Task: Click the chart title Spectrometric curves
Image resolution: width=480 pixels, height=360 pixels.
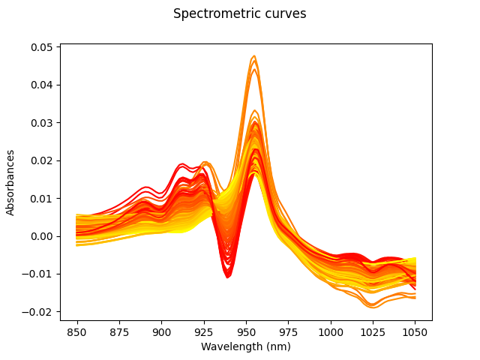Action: (x=239, y=13)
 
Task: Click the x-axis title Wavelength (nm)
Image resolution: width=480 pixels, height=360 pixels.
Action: (x=246, y=346)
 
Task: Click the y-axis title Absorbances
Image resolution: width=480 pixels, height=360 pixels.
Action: (x=11, y=182)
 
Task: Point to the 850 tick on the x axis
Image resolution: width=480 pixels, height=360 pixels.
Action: (x=77, y=331)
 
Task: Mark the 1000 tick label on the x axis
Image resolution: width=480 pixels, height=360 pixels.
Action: (x=331, y=331)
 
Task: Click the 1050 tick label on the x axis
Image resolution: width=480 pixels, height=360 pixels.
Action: (x=415, y=331)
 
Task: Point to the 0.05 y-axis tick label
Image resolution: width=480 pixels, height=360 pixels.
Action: (x=41, y=46)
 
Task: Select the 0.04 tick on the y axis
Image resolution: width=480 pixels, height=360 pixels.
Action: (x=41, y=85)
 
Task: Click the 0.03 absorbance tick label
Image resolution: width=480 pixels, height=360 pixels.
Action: (x=41, y=122)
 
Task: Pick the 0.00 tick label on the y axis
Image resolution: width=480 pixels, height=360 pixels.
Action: (x=41, y=236)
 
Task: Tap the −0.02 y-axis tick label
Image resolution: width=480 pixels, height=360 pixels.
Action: (x=38, y=312)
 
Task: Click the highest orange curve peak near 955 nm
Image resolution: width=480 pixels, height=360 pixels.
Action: (x=254, y=56)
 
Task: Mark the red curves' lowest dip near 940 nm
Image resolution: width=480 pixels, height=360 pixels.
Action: (x=228, y=277)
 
